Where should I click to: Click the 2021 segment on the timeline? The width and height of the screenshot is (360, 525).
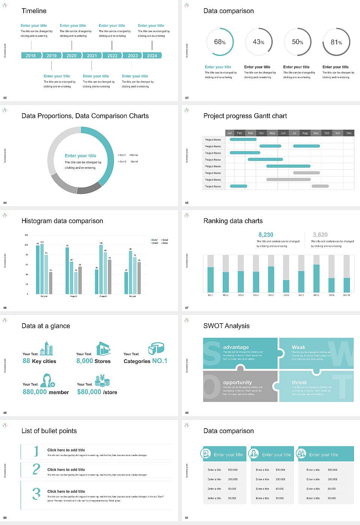pos(92,55)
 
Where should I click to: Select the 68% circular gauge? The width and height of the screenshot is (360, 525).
pos(220,42)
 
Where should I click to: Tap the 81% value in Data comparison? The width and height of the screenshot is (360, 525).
pos(336,42)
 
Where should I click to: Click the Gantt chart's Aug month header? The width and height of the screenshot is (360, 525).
pos(305,133)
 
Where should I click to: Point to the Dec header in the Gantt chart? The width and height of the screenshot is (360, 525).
pos(349,133)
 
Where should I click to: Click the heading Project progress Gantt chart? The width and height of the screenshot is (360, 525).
pos(245,116)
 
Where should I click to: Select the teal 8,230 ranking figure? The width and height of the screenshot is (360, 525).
pos(266,235)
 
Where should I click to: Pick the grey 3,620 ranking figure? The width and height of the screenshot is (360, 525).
pos(320,235)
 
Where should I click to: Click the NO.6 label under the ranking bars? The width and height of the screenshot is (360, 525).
pos(286,295)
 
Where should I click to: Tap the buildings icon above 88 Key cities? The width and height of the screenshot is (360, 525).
pos(46,348)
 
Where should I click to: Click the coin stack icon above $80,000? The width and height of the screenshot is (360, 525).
pos(102,381)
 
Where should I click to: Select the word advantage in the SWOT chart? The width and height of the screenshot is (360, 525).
pos(236,347)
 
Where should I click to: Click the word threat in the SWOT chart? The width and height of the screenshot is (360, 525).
pos(299,382)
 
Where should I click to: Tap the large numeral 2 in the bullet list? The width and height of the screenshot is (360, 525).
pos(36,469)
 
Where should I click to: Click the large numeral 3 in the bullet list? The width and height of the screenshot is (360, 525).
pos(36,493)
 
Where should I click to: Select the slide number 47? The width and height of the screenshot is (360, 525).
pos(187,308)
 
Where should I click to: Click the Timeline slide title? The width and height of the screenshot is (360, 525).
pos(34,11)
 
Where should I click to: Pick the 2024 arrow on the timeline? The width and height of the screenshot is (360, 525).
pos(152,55)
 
